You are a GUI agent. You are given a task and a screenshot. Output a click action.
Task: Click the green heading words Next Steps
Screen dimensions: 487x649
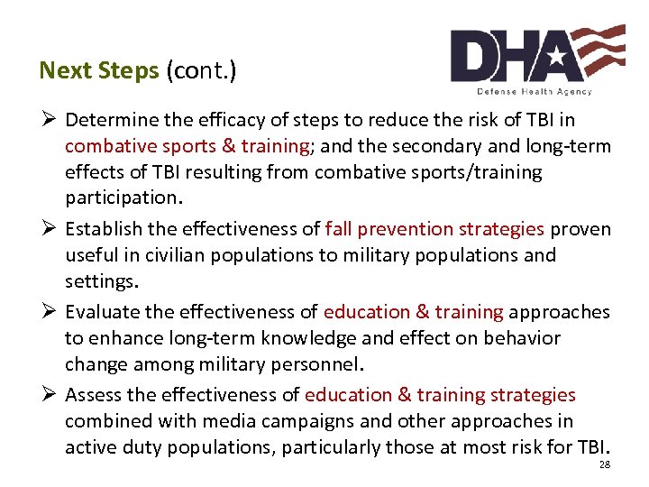click(99, 70)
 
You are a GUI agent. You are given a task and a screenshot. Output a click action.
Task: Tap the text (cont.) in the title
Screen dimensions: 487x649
click(200, 70)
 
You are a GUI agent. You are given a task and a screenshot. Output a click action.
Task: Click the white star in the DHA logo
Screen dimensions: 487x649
click(557, 56)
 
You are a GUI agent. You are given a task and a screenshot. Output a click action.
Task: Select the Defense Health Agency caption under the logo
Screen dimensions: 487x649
click(534, 92)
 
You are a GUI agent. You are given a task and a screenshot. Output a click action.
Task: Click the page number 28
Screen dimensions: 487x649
click(604, 464)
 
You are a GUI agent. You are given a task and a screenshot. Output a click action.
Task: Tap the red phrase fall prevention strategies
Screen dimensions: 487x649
click(434, 229)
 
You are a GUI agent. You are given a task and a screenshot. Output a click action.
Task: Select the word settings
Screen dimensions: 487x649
click(101, 281)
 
